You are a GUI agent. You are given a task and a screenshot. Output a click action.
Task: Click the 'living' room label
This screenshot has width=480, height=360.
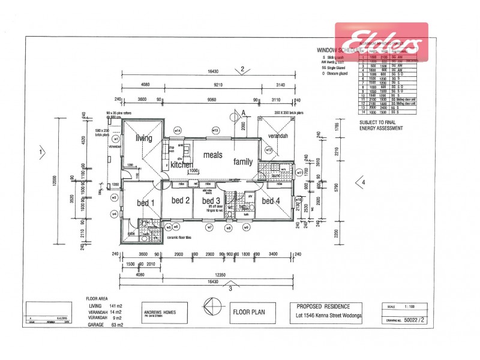(x=143, y=139)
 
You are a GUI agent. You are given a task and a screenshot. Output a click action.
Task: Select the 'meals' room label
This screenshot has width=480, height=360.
(x=213, y=155)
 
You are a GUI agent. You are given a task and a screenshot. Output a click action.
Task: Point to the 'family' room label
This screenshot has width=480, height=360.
(x=243, y=161)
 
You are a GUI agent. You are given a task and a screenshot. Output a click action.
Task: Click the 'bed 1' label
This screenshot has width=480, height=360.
(x=146, y=203)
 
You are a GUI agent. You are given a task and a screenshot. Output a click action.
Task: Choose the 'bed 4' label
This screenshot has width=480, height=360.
(x=271, y=200)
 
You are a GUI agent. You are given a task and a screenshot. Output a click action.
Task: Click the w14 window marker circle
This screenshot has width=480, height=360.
(x=178, y=130)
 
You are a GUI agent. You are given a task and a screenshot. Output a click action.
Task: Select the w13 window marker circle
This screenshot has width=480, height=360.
(x=215, y=130)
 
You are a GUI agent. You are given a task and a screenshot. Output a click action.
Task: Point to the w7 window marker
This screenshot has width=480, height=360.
(x=209, y=227)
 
